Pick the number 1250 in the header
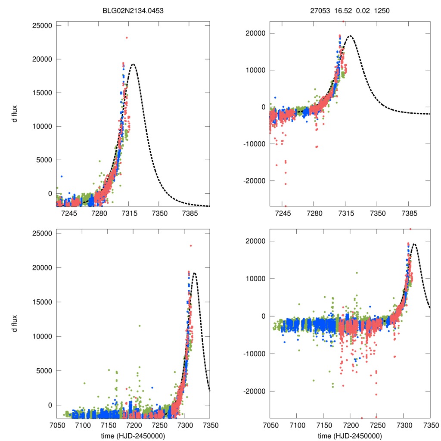click(382, 12)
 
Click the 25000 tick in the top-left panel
click(43, 25)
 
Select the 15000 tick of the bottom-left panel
click(43, 302)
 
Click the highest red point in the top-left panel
click(127, 37)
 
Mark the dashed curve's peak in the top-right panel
click(350, 36)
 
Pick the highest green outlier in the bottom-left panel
click(139, 326)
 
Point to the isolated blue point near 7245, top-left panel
click(62, 176)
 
